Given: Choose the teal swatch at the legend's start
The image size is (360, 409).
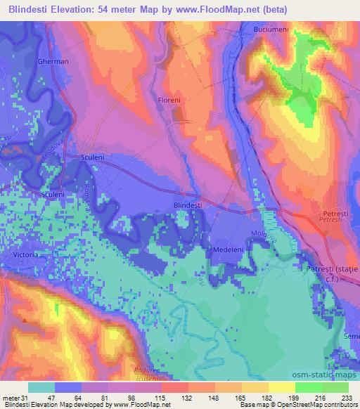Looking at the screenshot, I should coord(41,387).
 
